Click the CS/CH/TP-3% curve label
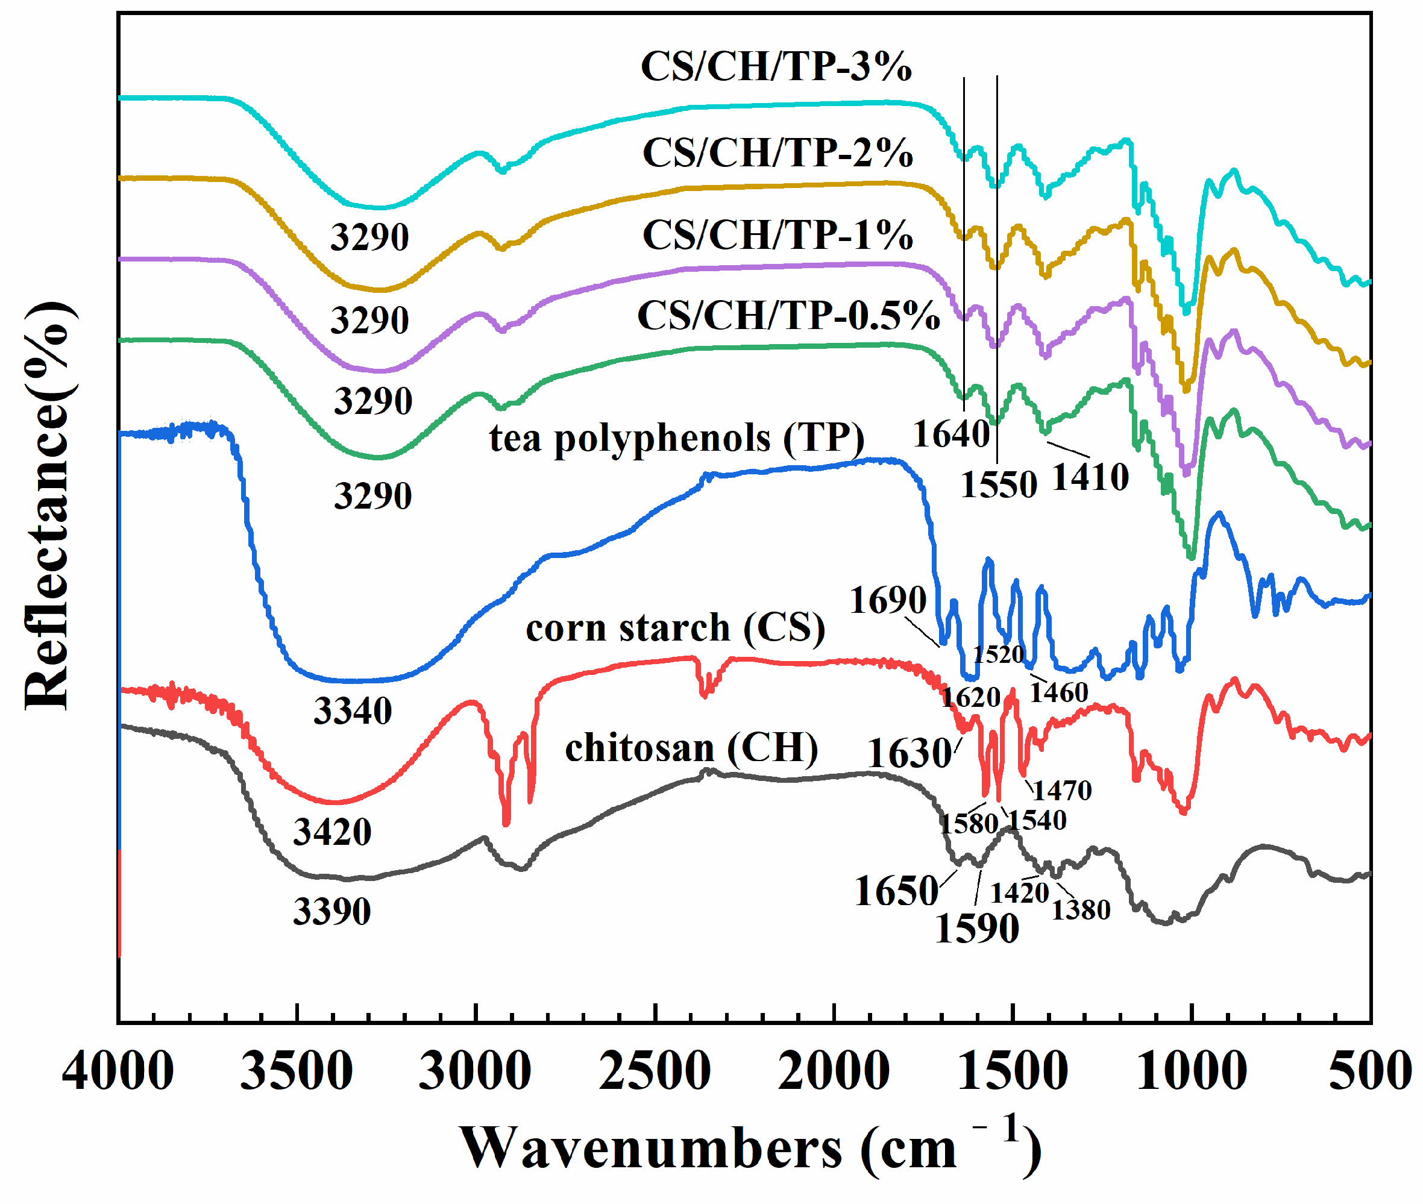pyautogui.click(x=776, y=66)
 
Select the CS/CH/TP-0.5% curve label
pyautogui.click(x=788, y=315)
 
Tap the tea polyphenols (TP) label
pyautogui.click(x=676, y=437)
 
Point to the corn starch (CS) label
pyautogui.click(x=675, y=627)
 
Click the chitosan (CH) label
pyautogui.click(x=691, y=747)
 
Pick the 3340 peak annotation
pyautogui.click(x=352, y=710)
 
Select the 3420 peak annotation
pyautogui.click(x=332, y=832)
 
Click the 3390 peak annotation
pyautogui.click(x=332, y=911)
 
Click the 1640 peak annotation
pyautogui.click(x=952, y=433)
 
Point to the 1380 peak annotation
pyautogui.click(x=1081, y=909)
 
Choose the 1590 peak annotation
pyautogui.click(x=976, y=928)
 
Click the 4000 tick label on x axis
pyautogui.click(x=118, y=1070)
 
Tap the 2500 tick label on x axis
pyautogui.click(x=655, y=1070)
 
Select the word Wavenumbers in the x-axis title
pyautogui.click(x=652, y=1149)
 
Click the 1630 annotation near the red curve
pyautogui.click(x=909, y=753)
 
